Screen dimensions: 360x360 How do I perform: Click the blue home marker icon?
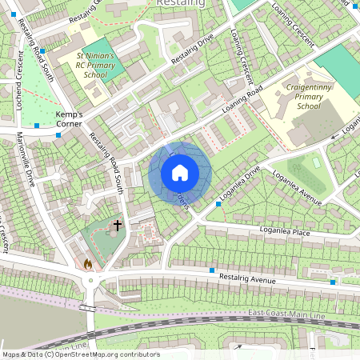(x=180, y=173)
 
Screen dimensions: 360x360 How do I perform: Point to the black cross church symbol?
(x=117, y=226)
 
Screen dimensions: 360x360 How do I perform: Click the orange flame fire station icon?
(x=87, y=263)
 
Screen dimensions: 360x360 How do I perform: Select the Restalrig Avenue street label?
(x=247, y=277)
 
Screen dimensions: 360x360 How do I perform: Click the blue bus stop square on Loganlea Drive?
(x=218, y=205)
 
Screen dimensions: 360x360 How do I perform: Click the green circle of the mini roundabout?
(x=90, y=281)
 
